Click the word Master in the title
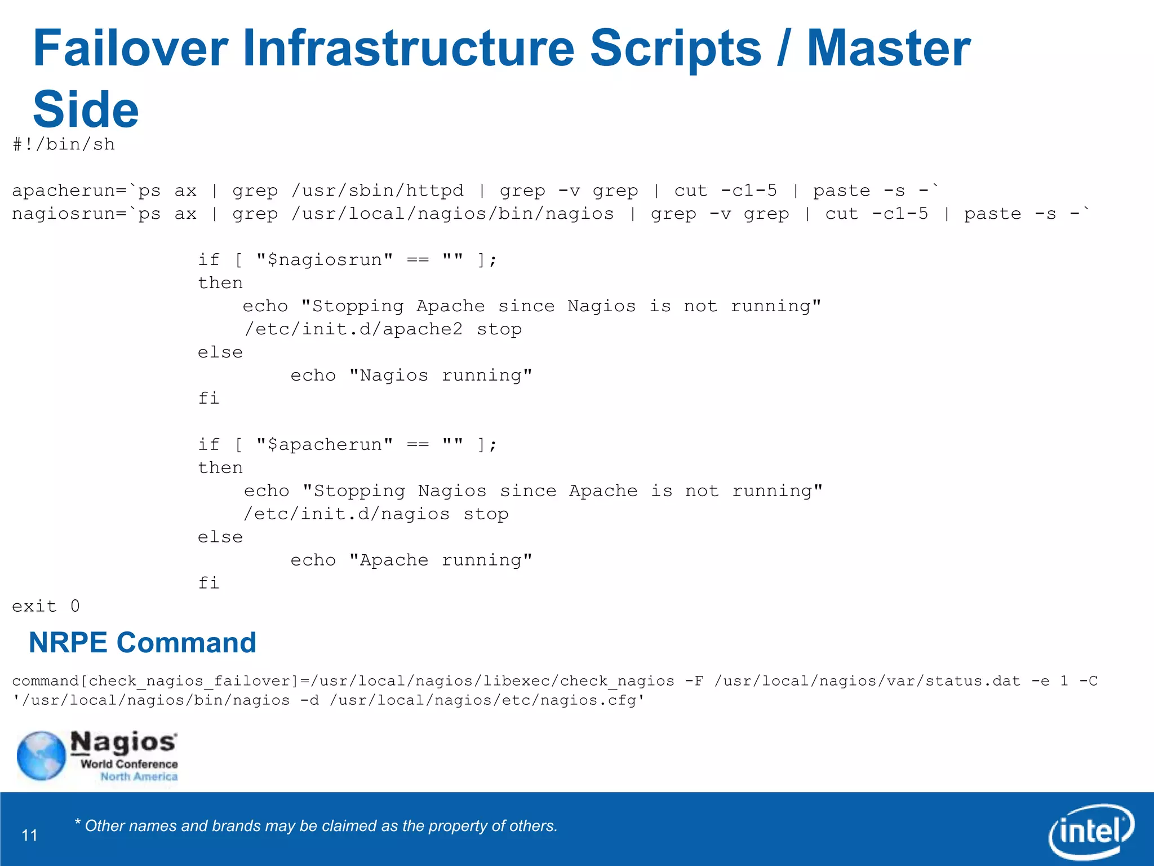click(889, 50)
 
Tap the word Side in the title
click(86, 110)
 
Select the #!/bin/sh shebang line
click(64, 145)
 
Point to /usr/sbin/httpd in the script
click(378, 191)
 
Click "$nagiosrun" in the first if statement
click(324, 260)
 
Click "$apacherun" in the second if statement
click(324, 445)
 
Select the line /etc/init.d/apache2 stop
click(383, 329)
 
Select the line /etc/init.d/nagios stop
click(376, 514)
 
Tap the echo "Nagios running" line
click(411, 375)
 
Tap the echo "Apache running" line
click(411, 560)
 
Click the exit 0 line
click(46, 607)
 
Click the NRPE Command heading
click(143, 643)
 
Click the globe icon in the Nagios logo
click(41, 755)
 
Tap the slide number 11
click(30, 835)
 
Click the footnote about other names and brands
click(316, 826)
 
